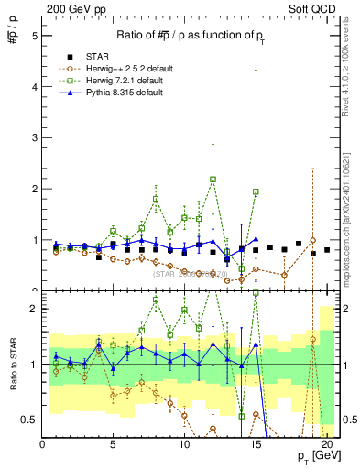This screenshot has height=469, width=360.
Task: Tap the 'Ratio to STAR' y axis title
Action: tap(10, 365)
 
